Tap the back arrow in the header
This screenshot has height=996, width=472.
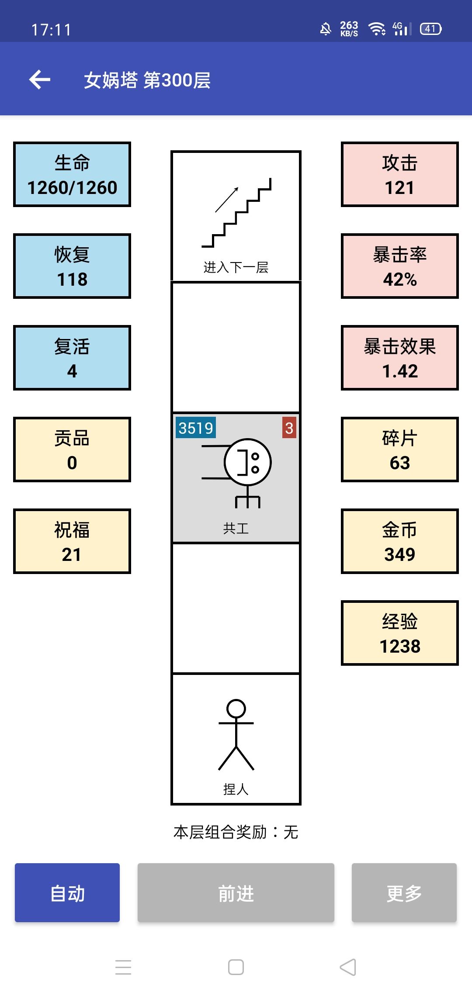coord(40,80)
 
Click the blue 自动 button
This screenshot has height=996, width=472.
coord(67,892)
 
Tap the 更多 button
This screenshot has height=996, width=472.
coord(404,892)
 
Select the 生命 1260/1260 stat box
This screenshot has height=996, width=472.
coord(72,174)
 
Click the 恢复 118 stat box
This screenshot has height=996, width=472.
coord(72,266)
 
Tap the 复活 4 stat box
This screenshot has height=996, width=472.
coord(72,358)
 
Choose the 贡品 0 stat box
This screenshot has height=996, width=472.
coord(72,450)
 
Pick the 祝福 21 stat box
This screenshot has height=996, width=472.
coord(72,541)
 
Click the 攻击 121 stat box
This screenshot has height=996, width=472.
coord(399,174)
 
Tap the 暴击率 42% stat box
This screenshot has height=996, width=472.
coord(399,266)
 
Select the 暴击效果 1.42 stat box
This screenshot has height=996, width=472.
coord(399,358)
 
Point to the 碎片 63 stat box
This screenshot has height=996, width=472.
coord(399,450)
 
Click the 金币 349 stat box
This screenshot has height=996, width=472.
coord(399,541)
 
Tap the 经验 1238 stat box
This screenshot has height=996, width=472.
coord(399,633)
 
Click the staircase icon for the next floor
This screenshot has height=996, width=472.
coord(236,213)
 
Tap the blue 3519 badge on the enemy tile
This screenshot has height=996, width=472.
coord(195,428)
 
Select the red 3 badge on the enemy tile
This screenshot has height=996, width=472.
coord(289,428)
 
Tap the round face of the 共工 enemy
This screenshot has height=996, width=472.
coord(248,462)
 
